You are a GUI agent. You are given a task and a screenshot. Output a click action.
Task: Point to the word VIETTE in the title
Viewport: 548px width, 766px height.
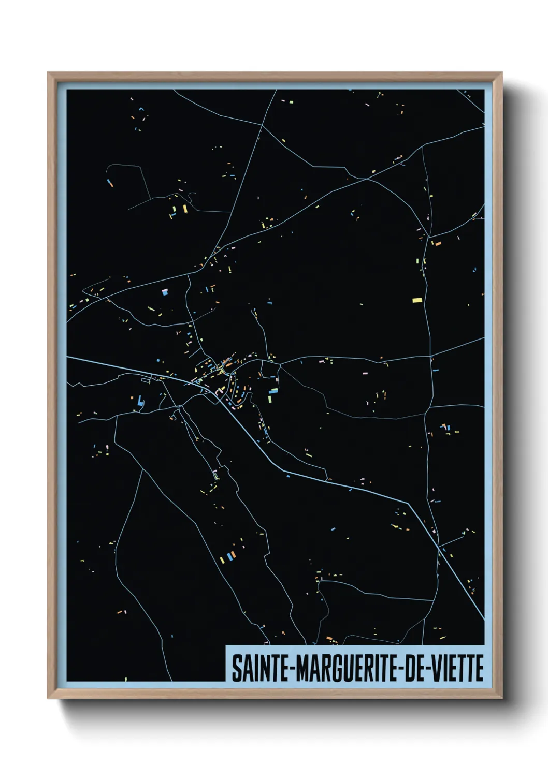click(x=458, y=668)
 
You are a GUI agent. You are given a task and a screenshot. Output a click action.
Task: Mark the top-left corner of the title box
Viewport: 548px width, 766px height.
click(x=226, y=645)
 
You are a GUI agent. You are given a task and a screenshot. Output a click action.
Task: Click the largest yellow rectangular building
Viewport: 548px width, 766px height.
click(x=417, y=300)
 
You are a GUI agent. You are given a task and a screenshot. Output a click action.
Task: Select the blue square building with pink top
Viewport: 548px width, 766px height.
click(x=165, y=292)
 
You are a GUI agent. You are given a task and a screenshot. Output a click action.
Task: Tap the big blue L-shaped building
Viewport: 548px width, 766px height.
click(x=140, y=401)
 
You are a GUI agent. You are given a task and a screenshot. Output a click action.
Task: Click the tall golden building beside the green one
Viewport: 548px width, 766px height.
click(x=184, y=209)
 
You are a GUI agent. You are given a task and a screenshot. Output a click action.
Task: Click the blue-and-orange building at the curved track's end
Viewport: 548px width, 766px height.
click(x=110, y=182)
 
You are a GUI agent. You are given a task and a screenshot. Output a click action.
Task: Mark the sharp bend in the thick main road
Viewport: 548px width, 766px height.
click(x=409, y=503)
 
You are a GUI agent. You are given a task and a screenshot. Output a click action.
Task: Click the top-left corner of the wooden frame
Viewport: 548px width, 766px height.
click(x=48, y=73)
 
